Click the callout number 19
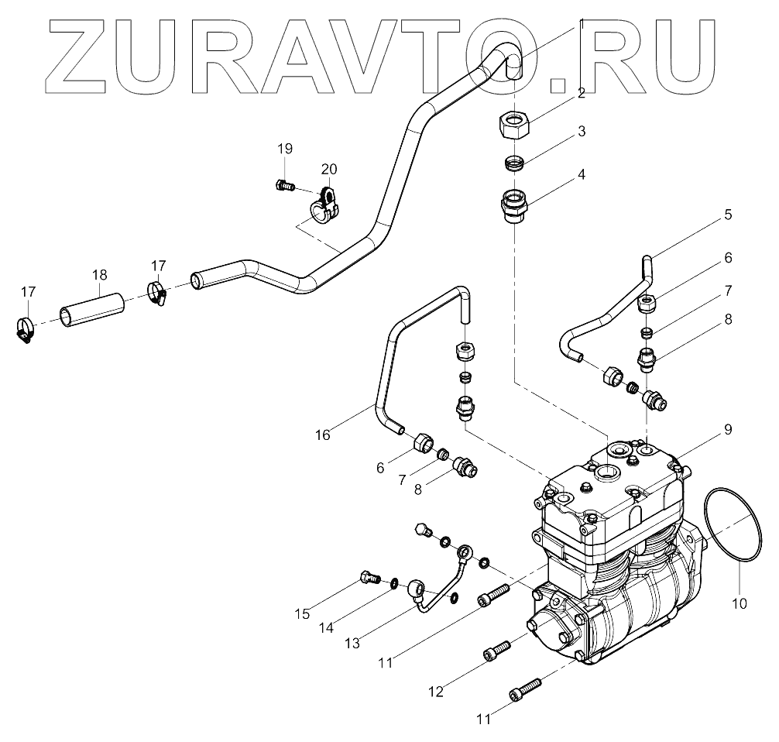(x=285, y=148)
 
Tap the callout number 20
(x=328, y=170)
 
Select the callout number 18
(x=99, y=275)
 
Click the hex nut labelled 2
(x=513, y=122)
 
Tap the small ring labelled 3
(x=513, y=164)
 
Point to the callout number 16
(x=322, y=435)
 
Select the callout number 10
(x=740, y=601)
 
